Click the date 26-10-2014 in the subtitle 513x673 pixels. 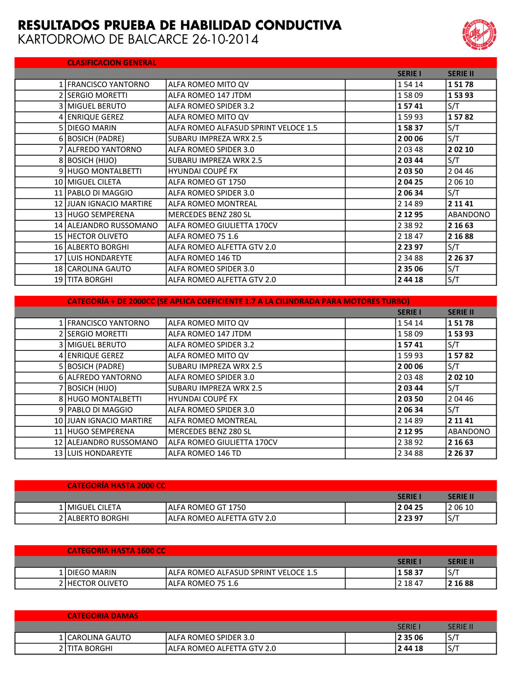[225, 39]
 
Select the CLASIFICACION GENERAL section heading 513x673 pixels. [112, 63]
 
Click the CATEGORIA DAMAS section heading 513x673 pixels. [103, 616]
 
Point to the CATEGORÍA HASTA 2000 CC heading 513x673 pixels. [116, 485]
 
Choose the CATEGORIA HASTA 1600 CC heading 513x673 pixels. [116, 551]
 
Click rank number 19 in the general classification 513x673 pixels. [59, 280]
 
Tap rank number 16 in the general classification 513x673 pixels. [59, 247]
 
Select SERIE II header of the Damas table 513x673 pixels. [460, 627]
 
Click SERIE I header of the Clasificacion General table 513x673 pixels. [409, 74]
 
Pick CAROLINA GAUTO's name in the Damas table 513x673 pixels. [99, 638]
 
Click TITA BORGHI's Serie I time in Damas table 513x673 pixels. [410, 648]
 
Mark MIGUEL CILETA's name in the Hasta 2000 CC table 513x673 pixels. [94, 507]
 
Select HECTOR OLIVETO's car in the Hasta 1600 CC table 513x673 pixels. [203, 583]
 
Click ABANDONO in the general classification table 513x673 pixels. [469, 214]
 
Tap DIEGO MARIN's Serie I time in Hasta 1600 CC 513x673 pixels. [410, 572]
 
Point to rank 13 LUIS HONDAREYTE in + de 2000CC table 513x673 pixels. [100, 453]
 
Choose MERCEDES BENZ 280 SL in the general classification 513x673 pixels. [210, 214]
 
